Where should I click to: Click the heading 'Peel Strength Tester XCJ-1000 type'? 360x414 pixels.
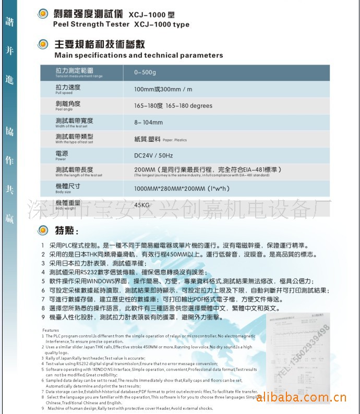[x=121, y=25]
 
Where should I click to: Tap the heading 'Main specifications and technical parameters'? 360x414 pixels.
[x=138, y=55]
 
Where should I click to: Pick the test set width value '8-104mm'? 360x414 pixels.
[x=148, y=123]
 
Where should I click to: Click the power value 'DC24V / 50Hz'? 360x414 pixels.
[x=153, y=155]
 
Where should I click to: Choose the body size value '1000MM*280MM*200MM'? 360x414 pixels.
[x=170, y=188]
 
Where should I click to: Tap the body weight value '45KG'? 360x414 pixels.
[x=142, y=205]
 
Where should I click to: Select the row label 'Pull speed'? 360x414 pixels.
[x=64, y=94]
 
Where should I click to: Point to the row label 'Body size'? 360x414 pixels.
[x=63, y=192]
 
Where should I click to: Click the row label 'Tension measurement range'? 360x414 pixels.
[x=79, y=76]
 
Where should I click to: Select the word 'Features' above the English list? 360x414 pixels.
[x=51, y=331]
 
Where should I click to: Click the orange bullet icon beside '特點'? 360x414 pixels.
[x=44, y=230]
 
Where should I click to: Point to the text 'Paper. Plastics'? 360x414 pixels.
[x=174, y=140]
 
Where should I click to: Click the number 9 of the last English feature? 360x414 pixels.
[x=43, y=408]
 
